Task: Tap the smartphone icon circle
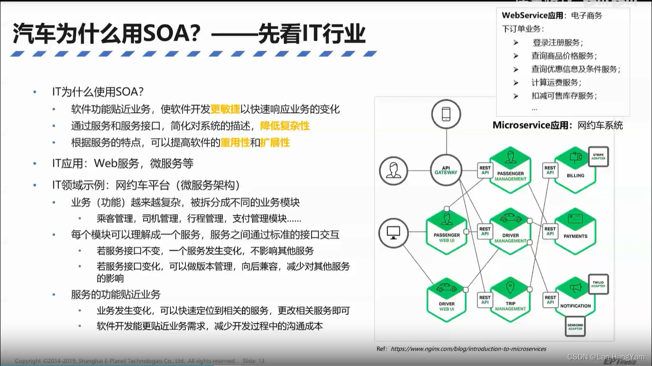446,114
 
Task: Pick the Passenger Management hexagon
510,170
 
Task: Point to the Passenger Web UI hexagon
446,232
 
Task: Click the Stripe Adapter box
598,156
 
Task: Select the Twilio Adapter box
598,284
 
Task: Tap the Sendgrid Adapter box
575,326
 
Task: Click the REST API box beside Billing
550,170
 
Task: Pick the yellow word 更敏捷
225,110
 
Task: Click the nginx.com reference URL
468,349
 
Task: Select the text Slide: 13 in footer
254,361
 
